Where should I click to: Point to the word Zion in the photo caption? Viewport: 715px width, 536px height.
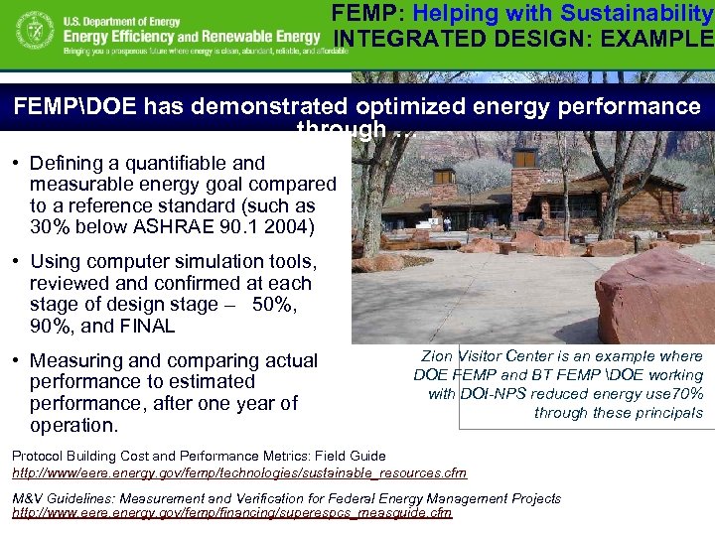[x=438, y=355]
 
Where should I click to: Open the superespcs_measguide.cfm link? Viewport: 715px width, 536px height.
[x=231, y=513]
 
